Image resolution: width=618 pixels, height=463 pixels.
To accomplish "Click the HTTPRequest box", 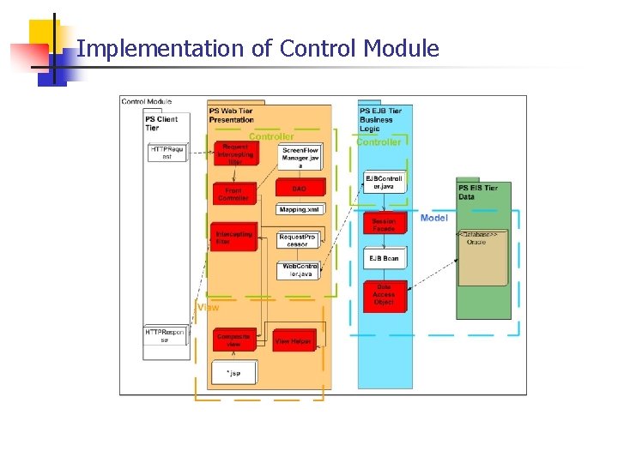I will (x=167, y=153).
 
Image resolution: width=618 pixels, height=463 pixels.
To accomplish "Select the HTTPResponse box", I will (x=165, y=335).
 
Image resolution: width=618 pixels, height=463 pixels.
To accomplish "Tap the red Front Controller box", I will (x=233, y=194).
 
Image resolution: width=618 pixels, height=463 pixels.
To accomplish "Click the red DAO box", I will (x=299, y=188).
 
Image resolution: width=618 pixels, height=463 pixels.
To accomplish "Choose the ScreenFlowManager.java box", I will (x=300, y=158).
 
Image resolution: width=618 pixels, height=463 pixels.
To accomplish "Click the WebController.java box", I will (x=300, y=271).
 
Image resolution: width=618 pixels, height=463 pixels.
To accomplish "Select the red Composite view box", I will (x=233, y=340).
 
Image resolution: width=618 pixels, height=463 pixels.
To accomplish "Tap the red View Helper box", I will (x=294, y=340).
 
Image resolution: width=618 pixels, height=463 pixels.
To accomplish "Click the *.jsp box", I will (x=233, y=373).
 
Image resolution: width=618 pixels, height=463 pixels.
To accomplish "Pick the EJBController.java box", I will (x=384, y=183).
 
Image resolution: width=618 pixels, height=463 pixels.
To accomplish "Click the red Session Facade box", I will (x=384, y=225).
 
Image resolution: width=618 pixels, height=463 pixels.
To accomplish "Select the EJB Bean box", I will (x=384, y=258).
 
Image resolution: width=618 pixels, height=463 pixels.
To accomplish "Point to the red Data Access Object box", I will (x=384, y=294).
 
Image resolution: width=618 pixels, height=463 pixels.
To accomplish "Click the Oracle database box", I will (x=482, y=257).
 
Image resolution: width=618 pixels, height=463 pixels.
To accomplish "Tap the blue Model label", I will (x=434, y=218).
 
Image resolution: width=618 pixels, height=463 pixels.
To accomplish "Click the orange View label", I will (x=209, y=306).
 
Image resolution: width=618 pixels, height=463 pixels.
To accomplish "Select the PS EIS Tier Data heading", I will (x=478, y=192).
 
